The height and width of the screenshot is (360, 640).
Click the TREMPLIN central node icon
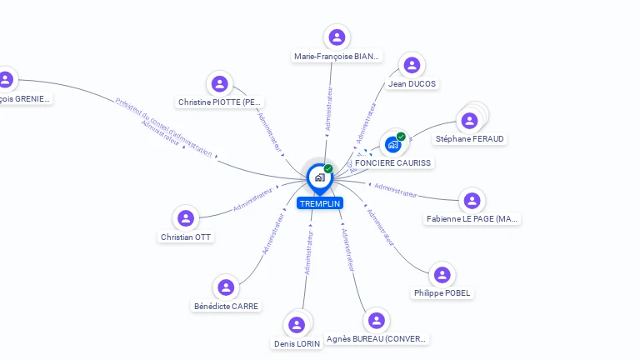319,177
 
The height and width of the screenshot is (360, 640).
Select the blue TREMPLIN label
320,203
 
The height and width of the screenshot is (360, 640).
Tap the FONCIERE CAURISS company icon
393,144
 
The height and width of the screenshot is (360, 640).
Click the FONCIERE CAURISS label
393,162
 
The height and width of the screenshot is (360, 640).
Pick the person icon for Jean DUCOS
412,66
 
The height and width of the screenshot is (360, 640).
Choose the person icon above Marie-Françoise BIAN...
337,37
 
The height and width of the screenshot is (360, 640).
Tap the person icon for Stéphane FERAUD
470,121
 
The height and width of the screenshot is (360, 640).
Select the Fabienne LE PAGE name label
472,219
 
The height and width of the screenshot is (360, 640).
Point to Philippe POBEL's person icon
442,275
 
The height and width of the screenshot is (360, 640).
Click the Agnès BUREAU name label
377,339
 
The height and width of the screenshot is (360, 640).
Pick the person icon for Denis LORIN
297,325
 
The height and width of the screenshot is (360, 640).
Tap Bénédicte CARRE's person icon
227,287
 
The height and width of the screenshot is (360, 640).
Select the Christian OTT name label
187,237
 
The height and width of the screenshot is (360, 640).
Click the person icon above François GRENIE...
6,80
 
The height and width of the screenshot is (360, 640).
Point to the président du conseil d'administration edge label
164,128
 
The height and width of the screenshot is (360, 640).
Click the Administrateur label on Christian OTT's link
253,198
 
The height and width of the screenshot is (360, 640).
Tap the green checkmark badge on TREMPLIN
328,169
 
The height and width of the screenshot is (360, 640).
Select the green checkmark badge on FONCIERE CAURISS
401,137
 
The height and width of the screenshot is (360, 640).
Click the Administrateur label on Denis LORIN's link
308,252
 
